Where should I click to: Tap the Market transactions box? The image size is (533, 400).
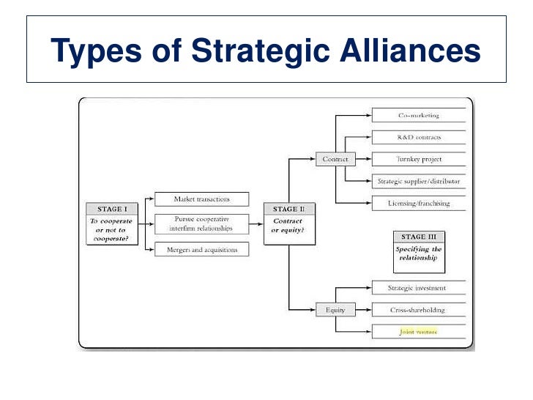(x=201, y=199)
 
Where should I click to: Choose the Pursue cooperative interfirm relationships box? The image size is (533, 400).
(x=201, y=223)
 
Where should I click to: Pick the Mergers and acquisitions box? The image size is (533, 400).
(x=201, y=250)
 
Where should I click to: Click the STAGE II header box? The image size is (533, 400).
(x=284, y=209)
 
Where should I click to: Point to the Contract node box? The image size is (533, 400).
(x=335, y=159)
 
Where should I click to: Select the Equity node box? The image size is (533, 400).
(x=335, y=310)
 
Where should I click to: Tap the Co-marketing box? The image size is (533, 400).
(x=419, y=115)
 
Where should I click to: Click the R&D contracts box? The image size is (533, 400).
(x=419, y=137)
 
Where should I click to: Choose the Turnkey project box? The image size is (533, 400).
(x=419, y=159)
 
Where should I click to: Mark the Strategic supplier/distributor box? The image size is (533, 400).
(x=419, y=181)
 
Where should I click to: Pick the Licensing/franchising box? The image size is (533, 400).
(x=419, y=203)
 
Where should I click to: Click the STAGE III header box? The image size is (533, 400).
(x=419, y=237)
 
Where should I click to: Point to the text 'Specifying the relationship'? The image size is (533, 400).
(x=419, y=253)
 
